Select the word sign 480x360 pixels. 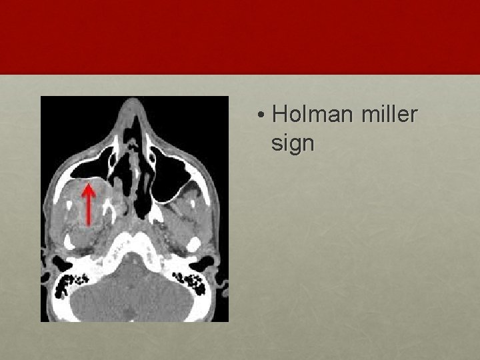(293, 143)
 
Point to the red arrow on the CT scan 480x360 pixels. (87, 204)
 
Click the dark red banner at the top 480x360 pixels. (240, 37)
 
